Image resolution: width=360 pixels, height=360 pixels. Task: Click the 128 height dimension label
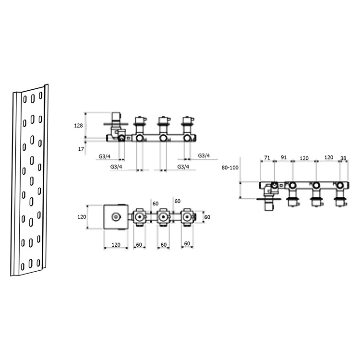tap(78, 126)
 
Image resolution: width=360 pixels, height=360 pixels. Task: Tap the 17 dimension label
tap(81, 149)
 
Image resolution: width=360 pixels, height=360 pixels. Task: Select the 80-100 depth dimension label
tap(230, 168)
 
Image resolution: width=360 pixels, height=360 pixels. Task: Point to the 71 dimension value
tap(267, 158)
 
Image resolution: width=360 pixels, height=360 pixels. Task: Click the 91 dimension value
tap(284, 157)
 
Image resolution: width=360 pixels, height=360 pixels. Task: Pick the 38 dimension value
tap(343, 158)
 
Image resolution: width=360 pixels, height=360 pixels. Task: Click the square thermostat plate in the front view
tap(116, 216)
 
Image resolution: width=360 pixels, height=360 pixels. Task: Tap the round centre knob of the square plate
tap(116, 217)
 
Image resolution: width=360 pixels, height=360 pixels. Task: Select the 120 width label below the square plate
tap(116, 245)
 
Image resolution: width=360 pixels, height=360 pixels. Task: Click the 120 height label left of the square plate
tap(82, 217)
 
